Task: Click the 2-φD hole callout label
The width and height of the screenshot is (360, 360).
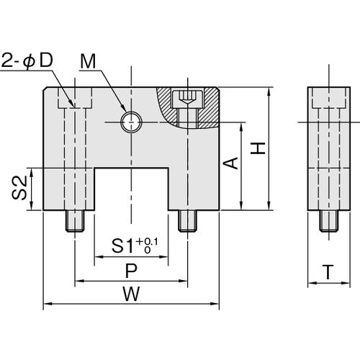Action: tap(27, 60)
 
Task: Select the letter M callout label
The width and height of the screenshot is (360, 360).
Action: tap(88, 61)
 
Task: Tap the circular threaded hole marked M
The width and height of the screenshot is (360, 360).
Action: tap(131, 122)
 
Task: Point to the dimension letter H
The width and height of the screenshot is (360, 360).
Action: tap(258, 148)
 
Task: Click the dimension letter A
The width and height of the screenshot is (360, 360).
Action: tap(230, 163)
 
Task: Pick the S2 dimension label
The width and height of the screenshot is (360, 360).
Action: tap(19, 188)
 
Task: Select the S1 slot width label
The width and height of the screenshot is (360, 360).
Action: tap(122, 246)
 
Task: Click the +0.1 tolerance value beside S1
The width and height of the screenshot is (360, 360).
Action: tap(147, 243)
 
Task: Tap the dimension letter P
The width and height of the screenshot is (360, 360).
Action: tap(131, 271)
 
